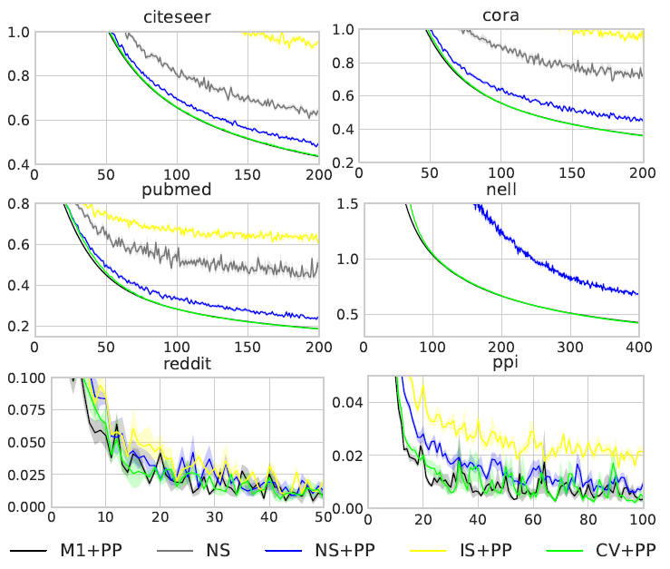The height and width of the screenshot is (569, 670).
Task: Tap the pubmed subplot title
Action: [176, 188]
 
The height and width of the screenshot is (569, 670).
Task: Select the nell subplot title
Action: [500, 188]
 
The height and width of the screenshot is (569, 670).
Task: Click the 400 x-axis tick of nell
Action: [638, 348]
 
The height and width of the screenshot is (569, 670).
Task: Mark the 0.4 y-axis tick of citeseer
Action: [20, 165]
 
